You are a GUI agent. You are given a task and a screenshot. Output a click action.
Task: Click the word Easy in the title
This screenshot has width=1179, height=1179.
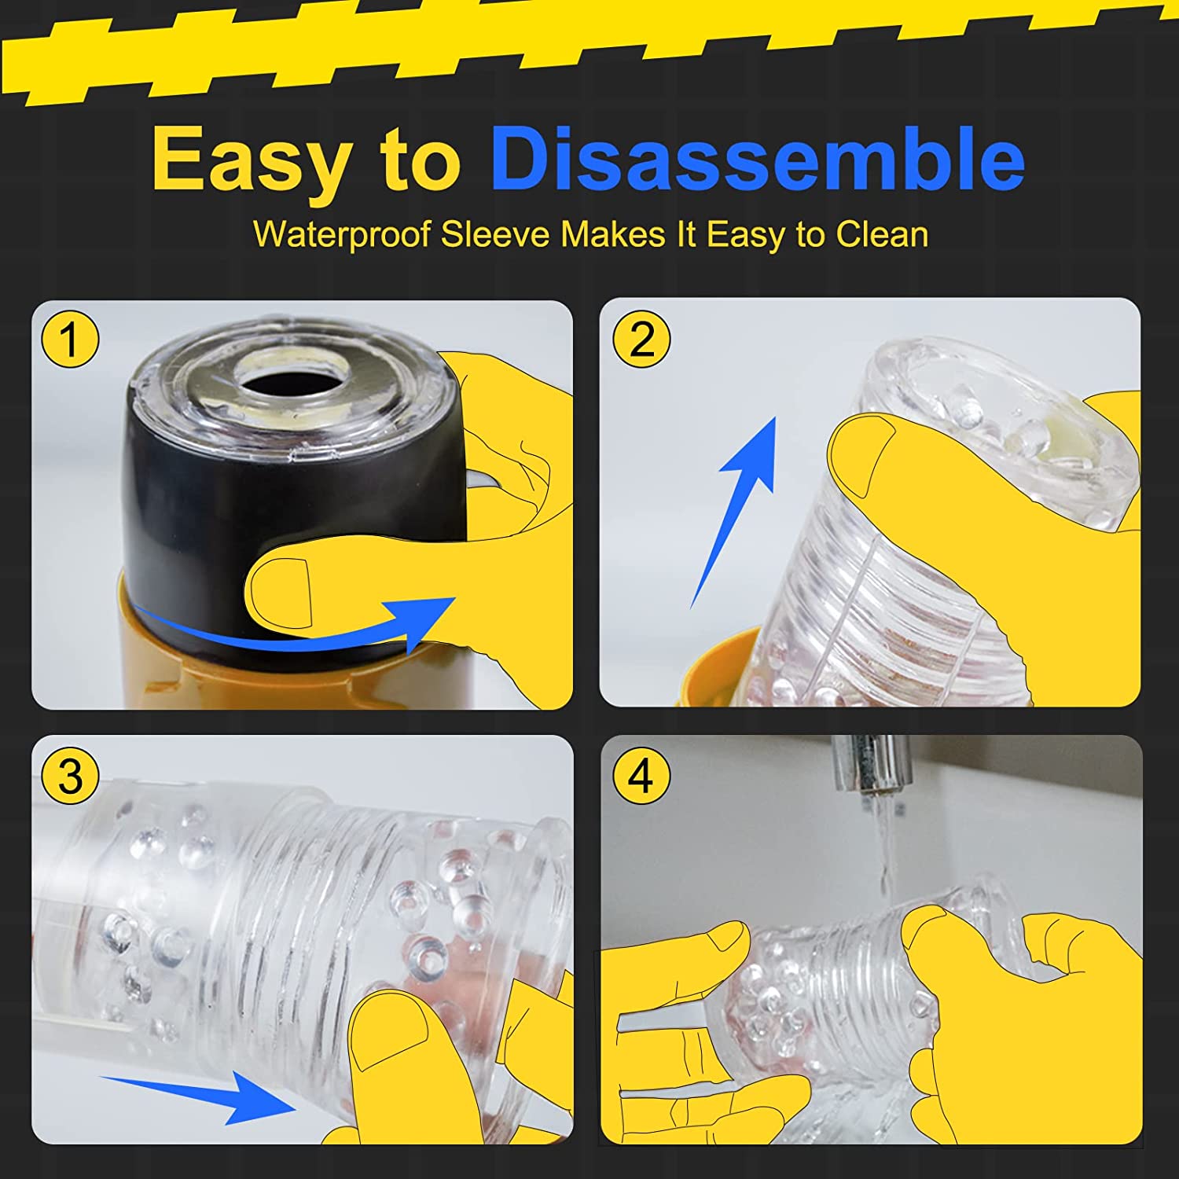[251, 159]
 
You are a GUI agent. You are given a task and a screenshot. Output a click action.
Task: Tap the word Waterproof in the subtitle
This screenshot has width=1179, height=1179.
[341, 234]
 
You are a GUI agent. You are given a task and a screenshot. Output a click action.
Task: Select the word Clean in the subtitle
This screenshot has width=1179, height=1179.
[881, 234]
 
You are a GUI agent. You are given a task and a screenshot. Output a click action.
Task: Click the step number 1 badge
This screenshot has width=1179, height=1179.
[70, 340]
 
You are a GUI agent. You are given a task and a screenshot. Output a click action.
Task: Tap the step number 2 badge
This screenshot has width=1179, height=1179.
[641, 340]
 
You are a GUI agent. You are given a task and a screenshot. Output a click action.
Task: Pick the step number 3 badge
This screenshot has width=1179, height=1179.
[70, 776]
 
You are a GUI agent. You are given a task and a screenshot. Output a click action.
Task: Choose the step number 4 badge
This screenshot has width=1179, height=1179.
[641, 776]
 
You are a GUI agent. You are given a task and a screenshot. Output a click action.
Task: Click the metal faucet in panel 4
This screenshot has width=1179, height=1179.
[869, 766]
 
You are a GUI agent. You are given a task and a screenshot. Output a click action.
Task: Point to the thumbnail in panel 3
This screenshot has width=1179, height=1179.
[389, 1034]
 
